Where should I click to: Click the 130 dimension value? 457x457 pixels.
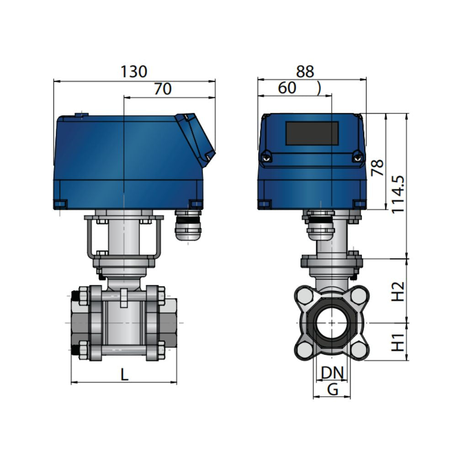click(133, 72)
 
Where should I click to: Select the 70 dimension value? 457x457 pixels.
click(162, 89)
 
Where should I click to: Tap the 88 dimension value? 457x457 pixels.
click(305, 72)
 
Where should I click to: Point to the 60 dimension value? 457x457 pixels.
click(287, 88)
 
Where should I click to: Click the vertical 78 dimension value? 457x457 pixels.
click(378, 168)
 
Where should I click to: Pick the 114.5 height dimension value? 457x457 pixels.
click(398, 194)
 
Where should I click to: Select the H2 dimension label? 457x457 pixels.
click(398, 292)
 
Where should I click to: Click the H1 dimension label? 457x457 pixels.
click(398, 342)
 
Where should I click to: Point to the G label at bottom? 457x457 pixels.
click(333, 389)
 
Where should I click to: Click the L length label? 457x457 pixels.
click(124, 374)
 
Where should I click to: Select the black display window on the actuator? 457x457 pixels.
click(312, 133)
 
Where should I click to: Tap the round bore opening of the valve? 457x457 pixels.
click(331, 322)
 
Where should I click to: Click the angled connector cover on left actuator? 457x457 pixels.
click(196, 139)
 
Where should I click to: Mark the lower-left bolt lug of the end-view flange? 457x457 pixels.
click(304, 350)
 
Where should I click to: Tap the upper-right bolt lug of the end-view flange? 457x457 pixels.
click(359, 295)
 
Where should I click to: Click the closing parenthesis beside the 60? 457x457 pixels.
click(319, 88)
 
